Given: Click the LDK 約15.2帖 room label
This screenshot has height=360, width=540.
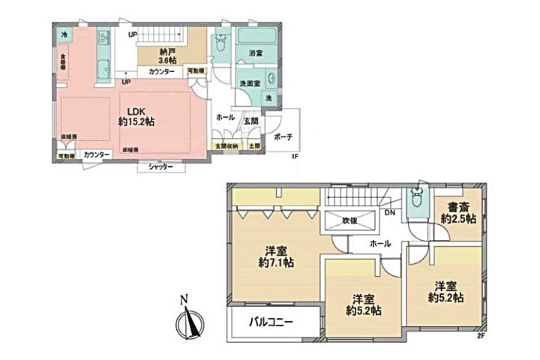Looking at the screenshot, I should click(x=136, y=115).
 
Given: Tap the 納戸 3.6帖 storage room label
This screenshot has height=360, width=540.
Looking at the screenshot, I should click(x=168, y=55).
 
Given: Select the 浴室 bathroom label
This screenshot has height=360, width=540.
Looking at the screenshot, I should click(x=256, y=53).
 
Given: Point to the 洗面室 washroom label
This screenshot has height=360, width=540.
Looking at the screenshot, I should click(x=250, y=83).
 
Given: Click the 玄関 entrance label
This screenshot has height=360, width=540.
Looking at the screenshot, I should click(x=250, y=120).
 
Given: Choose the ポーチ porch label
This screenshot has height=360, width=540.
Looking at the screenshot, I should click(x=283, y=137).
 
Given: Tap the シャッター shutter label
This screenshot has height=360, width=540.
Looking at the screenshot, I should click(x=160, y=166).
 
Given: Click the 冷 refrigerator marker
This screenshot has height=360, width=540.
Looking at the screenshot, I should click(x=64, y=34).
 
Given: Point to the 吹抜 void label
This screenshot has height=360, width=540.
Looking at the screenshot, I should click(x=351, y=221).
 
